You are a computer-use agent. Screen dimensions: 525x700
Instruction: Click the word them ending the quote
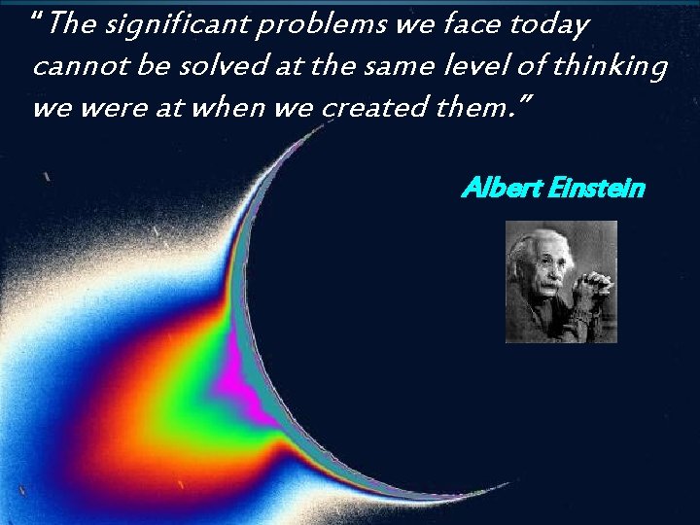click(x=475, y=107)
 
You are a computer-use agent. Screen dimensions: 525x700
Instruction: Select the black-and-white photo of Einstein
click(x=561, y=281)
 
